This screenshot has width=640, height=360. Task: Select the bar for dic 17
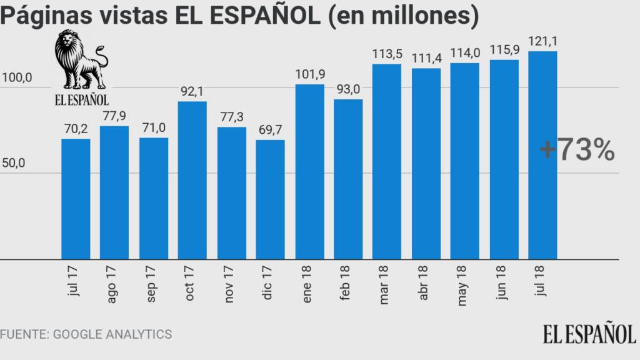coord(270,199)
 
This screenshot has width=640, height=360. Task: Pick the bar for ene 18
coord(309,171)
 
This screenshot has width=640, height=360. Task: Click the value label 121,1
coord(543,42)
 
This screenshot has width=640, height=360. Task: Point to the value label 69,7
coord(270,131)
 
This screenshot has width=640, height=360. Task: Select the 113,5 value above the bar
coord(387,54)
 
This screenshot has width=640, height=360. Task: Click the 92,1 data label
coord(192,91)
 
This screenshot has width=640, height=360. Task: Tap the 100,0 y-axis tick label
coord(17,79)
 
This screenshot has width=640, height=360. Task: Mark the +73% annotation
coord(576,151)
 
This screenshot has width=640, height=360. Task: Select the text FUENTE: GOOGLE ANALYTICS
coord(86,334)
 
